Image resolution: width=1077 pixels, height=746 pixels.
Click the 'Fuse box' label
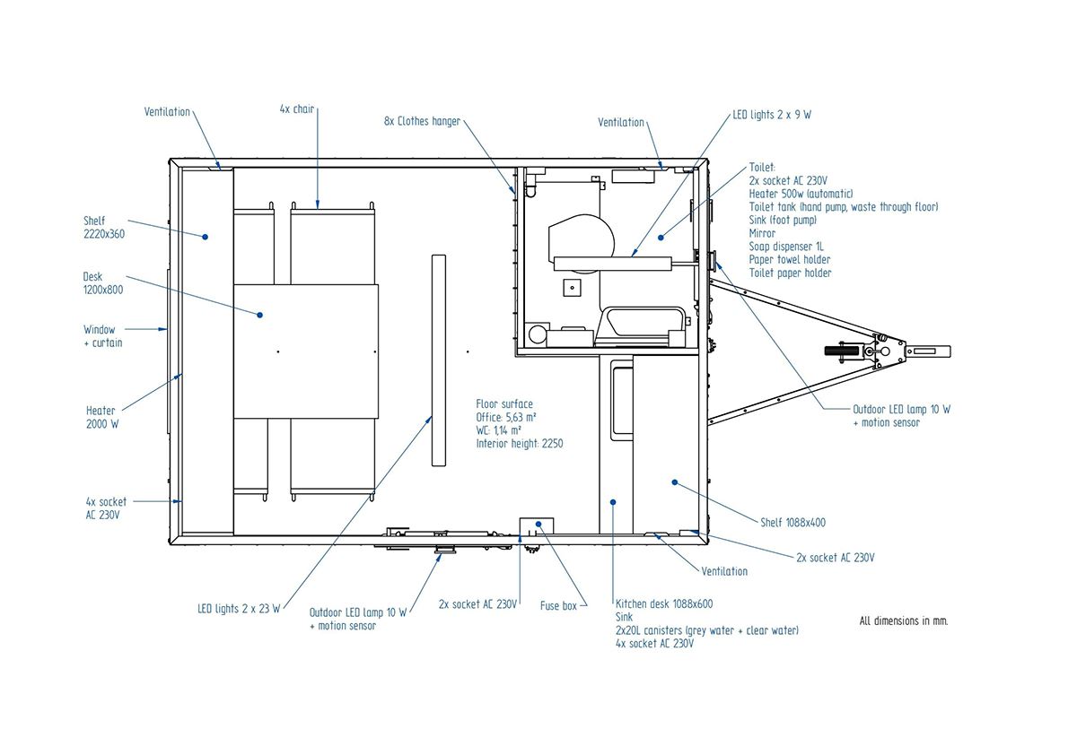coord(558,606)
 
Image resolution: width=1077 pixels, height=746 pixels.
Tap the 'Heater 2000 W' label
coord(102,417)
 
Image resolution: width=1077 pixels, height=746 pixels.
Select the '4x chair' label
coord(297,109)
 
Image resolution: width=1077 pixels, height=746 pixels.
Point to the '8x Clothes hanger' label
coord(422,121)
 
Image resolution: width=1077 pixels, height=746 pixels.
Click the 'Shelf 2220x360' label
coord(104,227)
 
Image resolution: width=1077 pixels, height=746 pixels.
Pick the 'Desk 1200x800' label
coord(103,283)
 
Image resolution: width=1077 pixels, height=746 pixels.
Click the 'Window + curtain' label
coord(103,335)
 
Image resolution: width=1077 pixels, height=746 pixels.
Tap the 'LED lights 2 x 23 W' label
coord(239,609)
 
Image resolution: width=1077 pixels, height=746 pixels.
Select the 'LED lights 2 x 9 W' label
coord(772,115)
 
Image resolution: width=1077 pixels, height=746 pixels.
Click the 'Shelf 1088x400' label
coord(792,522)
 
